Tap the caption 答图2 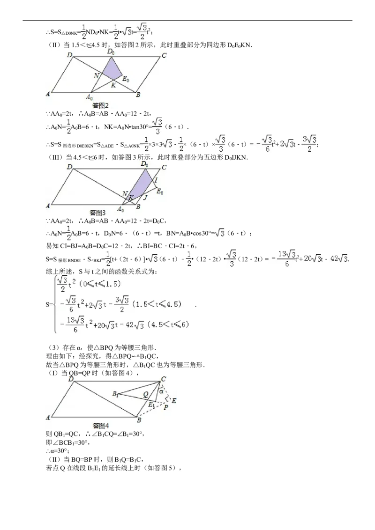(x=100, y=106)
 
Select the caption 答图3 (x=97, y=213)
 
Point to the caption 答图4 (x=101, y=426)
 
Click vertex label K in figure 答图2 (x=113, y=85)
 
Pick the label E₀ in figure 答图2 (x=126, y=80)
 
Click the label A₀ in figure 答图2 (x=89, y=97)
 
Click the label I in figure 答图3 (x=156, y=180)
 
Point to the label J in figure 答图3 (x=145, y=198)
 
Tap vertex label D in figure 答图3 (x=69, y=167)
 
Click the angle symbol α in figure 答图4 (x=162, y=391)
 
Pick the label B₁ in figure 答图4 (x=115, y=394)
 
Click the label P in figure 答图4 (x=165, y=407)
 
